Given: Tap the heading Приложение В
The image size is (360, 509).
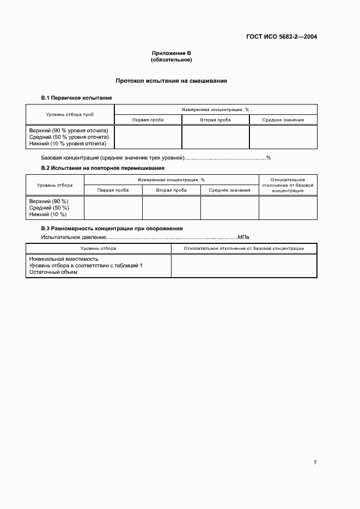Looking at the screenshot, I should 171,53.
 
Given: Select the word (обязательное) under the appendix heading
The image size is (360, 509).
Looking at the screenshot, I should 171,59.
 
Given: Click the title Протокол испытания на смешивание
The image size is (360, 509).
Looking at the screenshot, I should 171,81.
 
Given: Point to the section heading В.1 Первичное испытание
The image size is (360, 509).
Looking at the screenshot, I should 77,97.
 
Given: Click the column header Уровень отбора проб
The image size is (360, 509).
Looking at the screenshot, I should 70,114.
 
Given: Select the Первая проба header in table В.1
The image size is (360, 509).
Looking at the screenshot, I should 148,120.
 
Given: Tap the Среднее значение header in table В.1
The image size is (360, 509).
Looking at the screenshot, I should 283,120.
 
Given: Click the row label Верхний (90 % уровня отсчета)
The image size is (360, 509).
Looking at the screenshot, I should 69,131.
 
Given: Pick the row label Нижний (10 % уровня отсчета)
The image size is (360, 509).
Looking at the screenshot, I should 68,144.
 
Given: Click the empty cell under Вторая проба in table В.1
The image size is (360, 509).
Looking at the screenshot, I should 215,137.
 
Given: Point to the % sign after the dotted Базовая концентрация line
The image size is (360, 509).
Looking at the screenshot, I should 268,158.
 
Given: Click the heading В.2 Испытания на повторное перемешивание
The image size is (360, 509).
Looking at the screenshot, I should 103,168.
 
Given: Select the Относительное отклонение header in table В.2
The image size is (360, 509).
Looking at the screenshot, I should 288,185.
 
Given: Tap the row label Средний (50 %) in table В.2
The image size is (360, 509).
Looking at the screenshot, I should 49,208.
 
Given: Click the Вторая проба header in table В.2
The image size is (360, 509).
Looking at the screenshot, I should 171,190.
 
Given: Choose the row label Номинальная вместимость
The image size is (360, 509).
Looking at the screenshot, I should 64,259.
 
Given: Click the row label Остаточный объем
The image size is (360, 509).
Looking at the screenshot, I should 53,272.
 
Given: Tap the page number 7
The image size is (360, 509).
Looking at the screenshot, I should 315,463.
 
